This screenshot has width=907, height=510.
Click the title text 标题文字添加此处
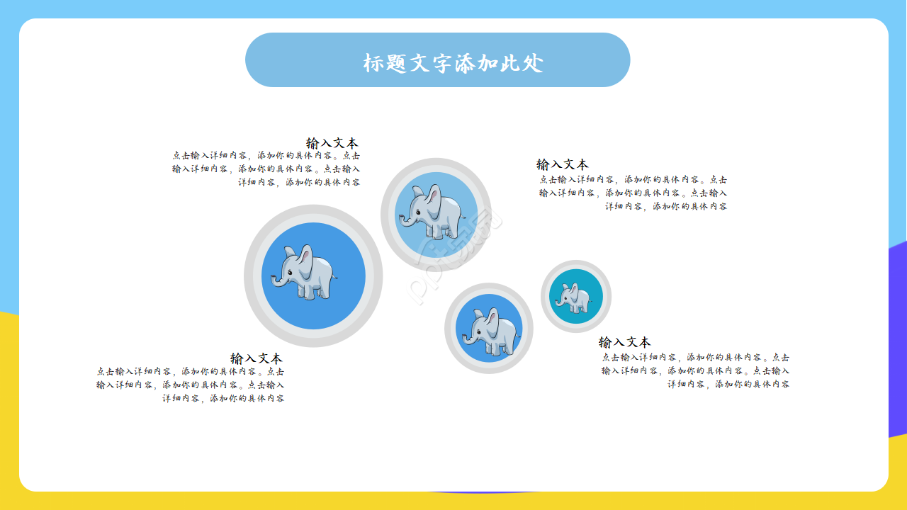[x=453, y=63]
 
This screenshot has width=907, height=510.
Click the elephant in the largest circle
[x=306, y=273]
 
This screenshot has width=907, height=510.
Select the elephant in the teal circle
[x=575, y=297]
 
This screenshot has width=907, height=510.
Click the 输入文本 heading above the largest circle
[x=332, y=142]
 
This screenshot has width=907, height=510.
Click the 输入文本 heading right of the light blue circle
[x=562, y=164]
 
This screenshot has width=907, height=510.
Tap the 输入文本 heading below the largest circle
[x=256, y=358]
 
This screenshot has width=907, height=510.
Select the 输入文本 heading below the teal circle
[x=624, y=342]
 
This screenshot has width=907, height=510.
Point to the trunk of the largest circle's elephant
[x=275, y=283]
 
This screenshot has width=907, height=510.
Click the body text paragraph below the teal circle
[x=695, y=370]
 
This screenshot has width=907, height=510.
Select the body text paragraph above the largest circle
[x=266, y=169]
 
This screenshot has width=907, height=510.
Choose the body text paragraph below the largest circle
[x=191, y=385]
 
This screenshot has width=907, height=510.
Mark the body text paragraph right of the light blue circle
[x=633, y=193]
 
